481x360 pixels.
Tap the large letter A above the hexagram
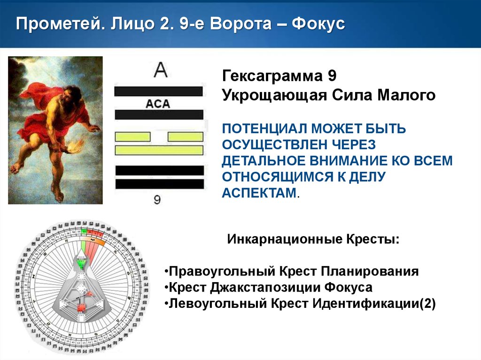pyautogui.click(x=161, y=71)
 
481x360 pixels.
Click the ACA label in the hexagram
pyautogui.click(x=158, y=104)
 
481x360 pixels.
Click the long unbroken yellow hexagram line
pyautogui.click(x=159, y=150)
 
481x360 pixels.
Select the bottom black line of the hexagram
pyautogui.click(x=159, y=184)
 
